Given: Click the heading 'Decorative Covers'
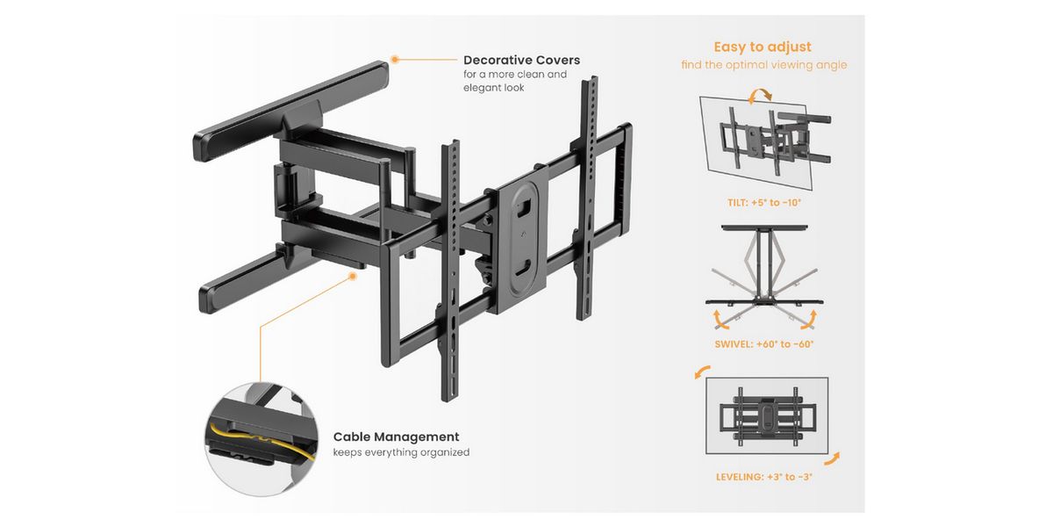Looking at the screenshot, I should pyautogui.click(x=521, y=61).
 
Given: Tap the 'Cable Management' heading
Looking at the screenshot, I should pyautogui.click(x=396, y=437).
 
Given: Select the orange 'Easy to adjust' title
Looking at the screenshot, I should pyautogui.click(x=762, y=47).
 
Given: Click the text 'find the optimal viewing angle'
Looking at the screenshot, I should pyautogui.click(x=764, y=65).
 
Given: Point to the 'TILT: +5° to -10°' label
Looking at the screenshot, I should pyautogui.click(x=763, y=202).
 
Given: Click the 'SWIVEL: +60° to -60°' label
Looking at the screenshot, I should pyautogui.click(x=764, y=343).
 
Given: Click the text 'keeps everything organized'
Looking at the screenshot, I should pyautogui.click(x=401, y=452).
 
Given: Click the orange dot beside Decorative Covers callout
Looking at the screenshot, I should pyautogui.click(x=395, y=60).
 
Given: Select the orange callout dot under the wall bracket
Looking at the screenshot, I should pyautogui.click(x=353, y=276).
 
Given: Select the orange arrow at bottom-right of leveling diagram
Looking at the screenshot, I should pyautogui.click(x=831, y=458).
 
